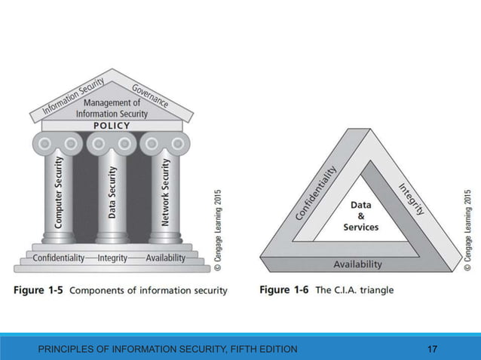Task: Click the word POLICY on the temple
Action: (x=112, y=126)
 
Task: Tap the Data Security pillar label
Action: (x=112, y=192)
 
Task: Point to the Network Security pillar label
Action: (x=166, y=192)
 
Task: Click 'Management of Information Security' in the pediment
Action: (x=112, y=108)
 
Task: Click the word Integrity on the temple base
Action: (x=112, y=258)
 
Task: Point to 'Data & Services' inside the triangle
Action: (x=360, y=215)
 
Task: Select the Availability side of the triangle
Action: (x=357, y=264)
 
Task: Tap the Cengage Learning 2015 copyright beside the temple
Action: (x=218, y=230)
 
